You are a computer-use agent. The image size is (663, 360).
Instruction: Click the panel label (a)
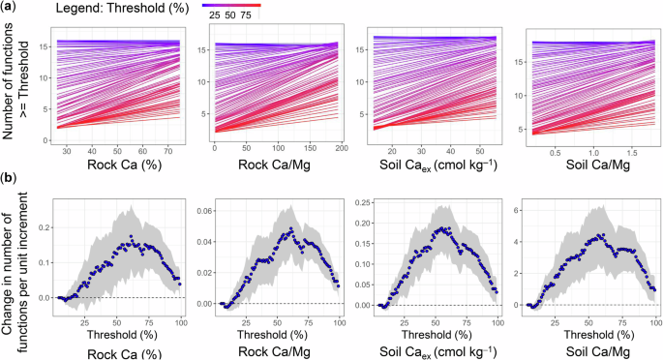[x=10, y=9]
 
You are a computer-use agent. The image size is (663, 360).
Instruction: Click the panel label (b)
[x=10, y=178]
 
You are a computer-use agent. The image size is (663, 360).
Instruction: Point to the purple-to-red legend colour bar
[x=231, y=5]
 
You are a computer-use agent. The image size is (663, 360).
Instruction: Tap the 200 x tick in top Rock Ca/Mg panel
[x=341, y=151]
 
